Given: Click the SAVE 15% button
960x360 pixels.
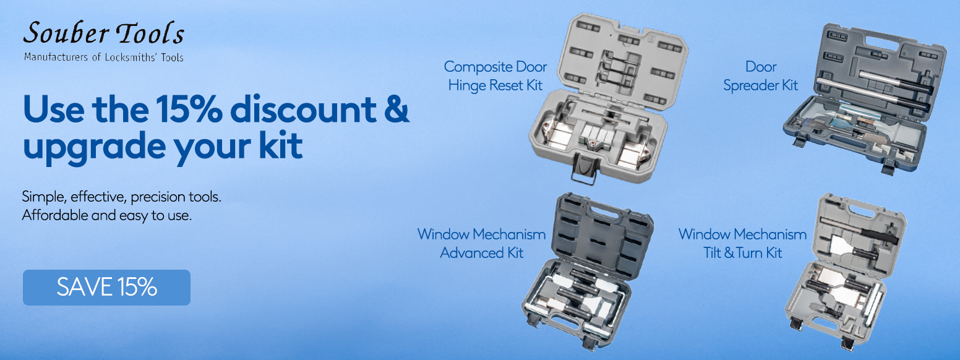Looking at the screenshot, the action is pyautogui.click(x=106, y=288).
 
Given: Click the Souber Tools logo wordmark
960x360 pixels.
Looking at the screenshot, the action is pyautogui.click(x=104, y=33).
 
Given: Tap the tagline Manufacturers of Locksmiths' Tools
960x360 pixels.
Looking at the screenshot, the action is pyautogui.click(x=104, y=57).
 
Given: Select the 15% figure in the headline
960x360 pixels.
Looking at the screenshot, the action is pyautogui.click(x=189, y=109).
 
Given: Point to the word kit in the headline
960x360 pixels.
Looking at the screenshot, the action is pyautogui.click(x=281, y=146).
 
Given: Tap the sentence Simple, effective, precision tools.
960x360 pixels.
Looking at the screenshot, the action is pyautogui.click(x=122, y=197).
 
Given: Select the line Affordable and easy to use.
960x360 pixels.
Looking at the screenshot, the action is pyautogui.click(x=107, y=215).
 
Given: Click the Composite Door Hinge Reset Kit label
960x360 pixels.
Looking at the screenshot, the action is pyautogui.click(x=495, y=76).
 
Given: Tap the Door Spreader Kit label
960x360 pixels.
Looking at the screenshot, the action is pyautogui.click(x=761, y=76).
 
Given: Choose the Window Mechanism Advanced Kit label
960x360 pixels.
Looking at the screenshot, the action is pyautogui.click(x=482, y=244).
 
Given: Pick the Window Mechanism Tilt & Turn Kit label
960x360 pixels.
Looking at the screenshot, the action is pyautogui.click(x=743, y=244).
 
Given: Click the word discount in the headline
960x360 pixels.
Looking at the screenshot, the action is pyautogui.click(x=304, y=109).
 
